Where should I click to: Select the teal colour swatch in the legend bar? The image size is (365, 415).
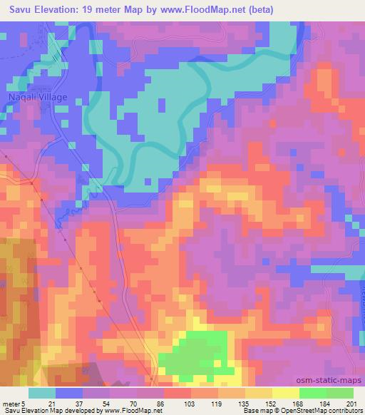42,393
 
